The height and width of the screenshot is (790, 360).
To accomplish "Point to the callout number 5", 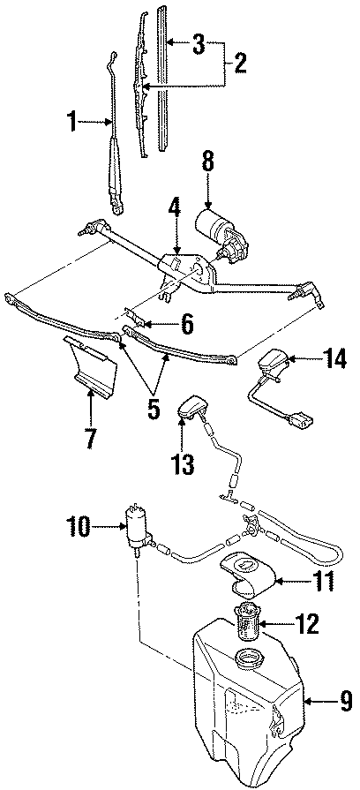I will (x=153, y=410).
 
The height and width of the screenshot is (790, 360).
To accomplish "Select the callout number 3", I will (x=200, y=41).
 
